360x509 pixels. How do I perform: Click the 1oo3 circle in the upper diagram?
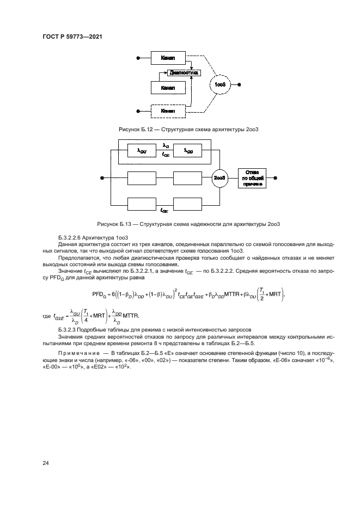(220, 85)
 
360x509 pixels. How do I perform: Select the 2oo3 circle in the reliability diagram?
(220, 177)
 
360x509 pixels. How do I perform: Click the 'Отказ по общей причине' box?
(253, 177)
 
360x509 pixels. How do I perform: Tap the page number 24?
(46, 463)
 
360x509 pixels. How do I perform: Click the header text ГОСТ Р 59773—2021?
(72, 37)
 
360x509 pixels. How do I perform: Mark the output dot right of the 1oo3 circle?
(240, 85)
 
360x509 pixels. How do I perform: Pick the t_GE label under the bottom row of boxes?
(163, 210)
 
